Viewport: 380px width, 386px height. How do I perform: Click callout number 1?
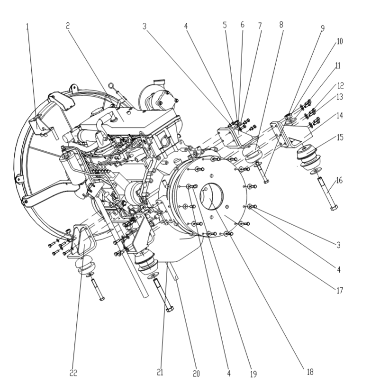(27, 27)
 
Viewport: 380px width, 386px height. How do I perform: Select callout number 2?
(68, 27)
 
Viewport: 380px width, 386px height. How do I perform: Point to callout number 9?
(322, 28)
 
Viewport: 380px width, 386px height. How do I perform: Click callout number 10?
(340, 42)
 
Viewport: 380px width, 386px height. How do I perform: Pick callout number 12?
(341, 86)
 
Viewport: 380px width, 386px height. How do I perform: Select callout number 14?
(340, 115)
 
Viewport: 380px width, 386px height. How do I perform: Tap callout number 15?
(340, 138)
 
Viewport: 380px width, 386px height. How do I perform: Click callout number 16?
(340, 180)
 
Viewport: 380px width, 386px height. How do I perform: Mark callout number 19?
(253, 374)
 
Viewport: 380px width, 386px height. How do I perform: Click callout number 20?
(196, 374)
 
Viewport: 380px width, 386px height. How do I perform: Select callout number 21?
(160, 373)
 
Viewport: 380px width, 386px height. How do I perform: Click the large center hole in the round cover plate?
(216, 194)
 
